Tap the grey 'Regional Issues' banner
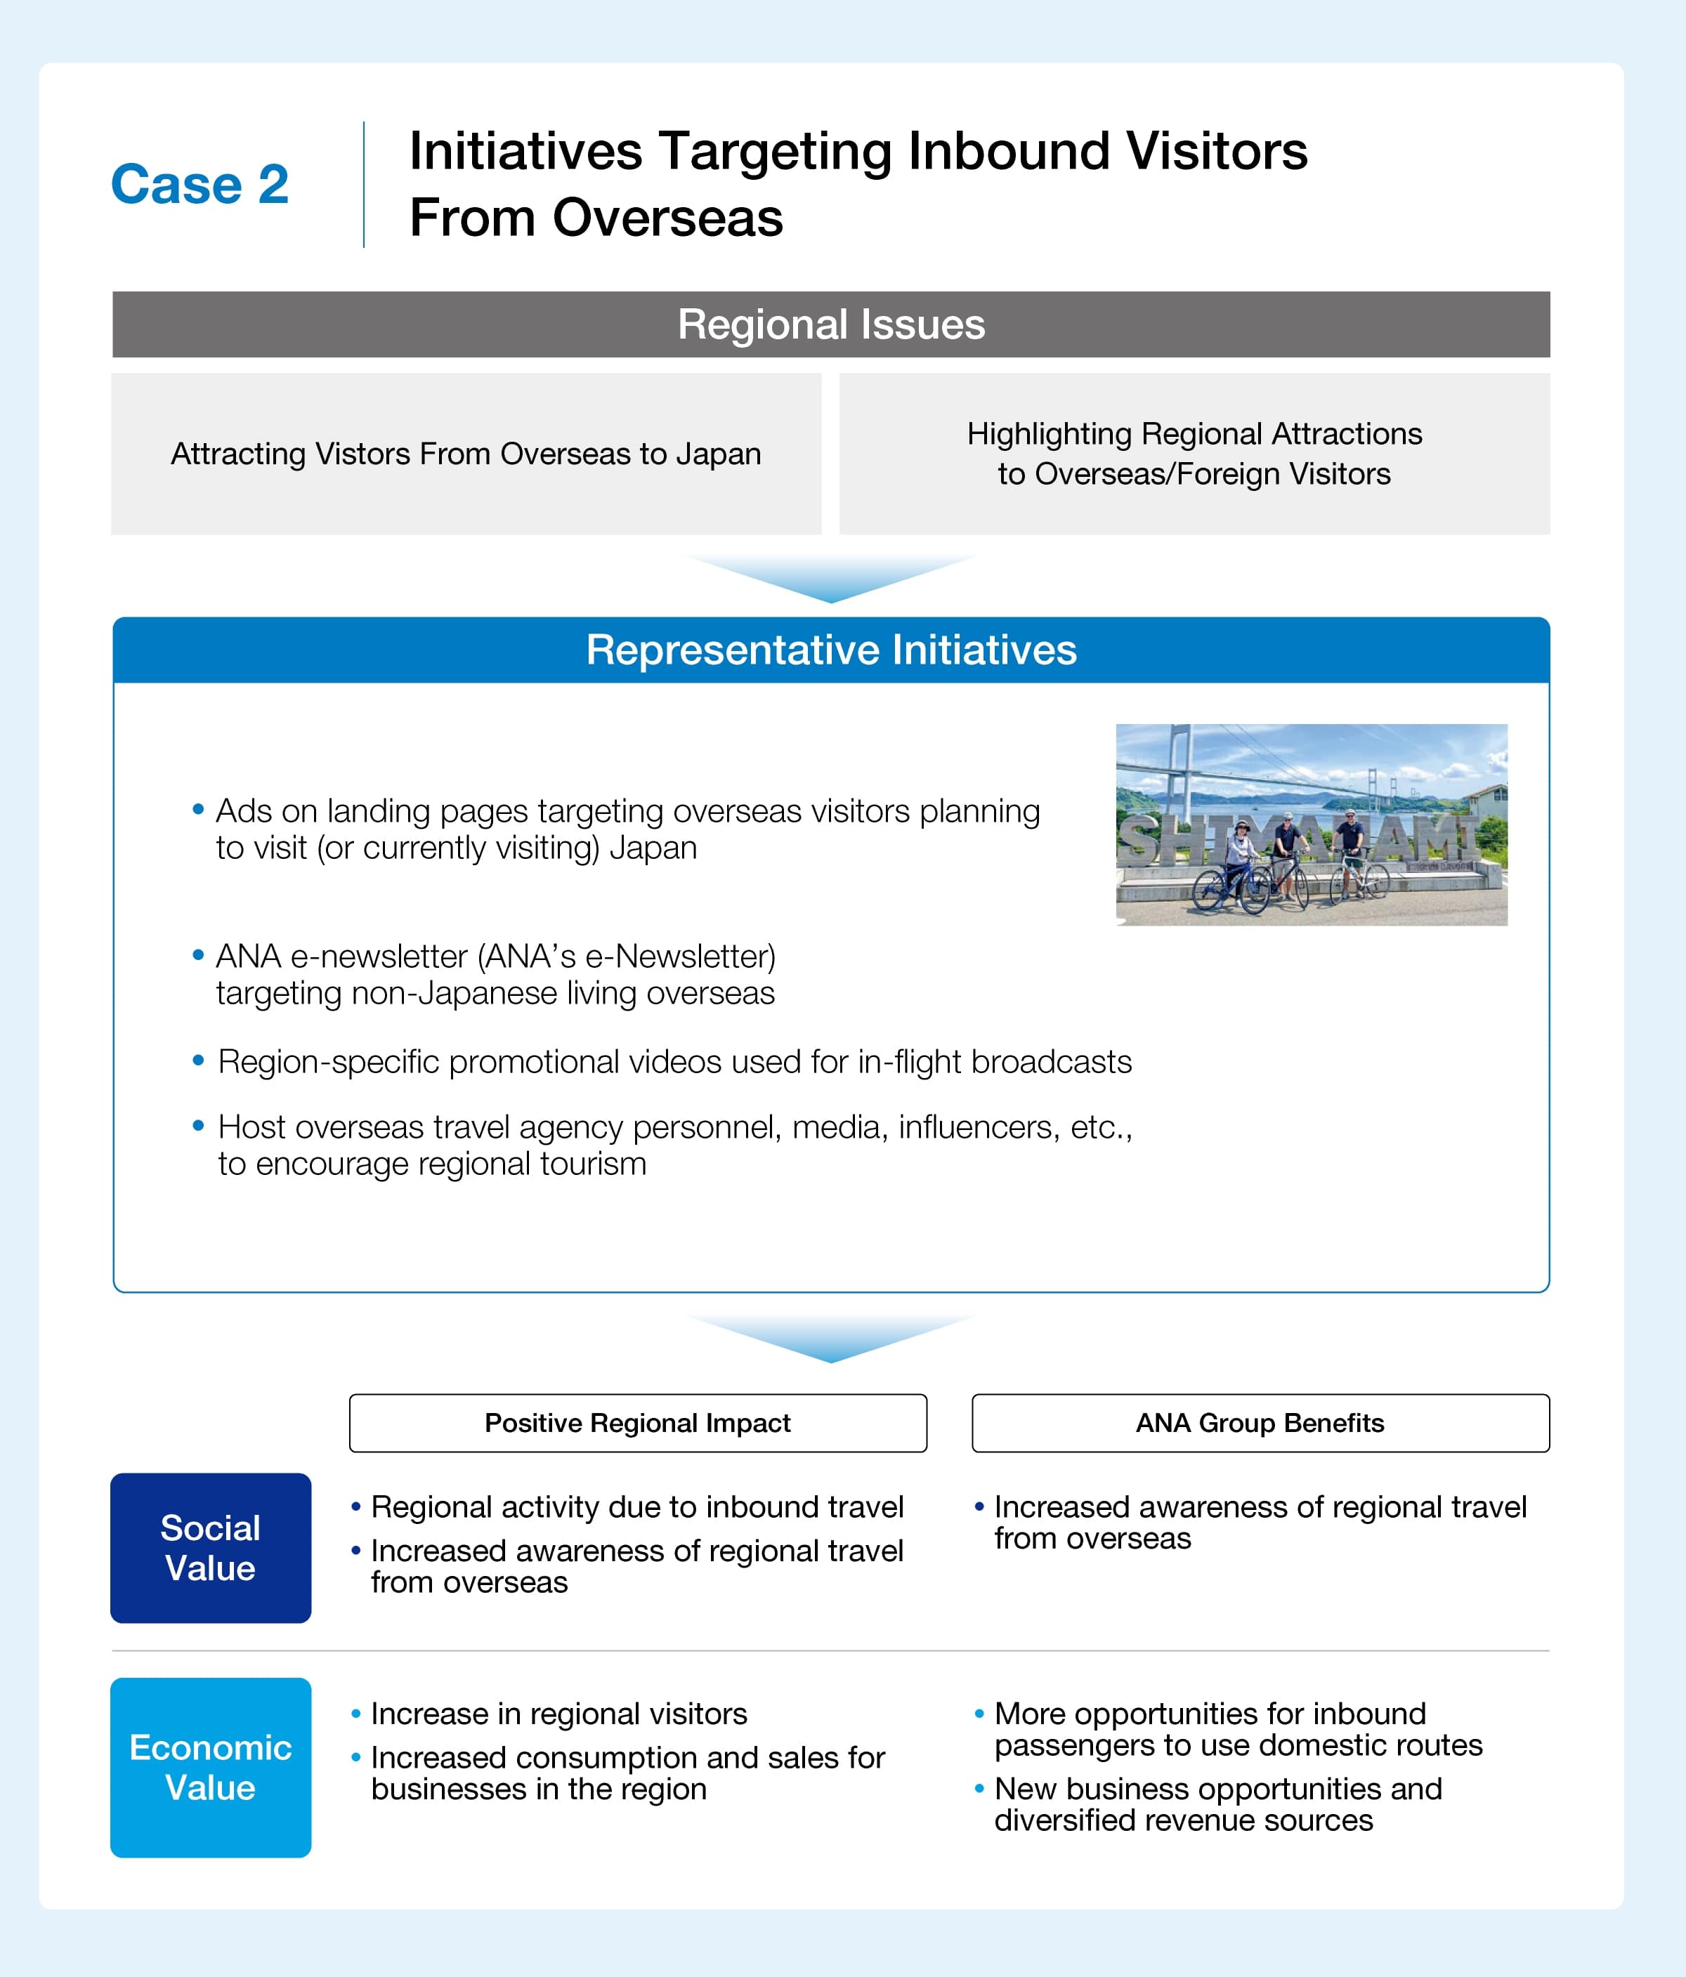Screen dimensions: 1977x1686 click(830, 324)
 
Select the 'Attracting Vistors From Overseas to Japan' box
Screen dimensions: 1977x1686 click(466, 453)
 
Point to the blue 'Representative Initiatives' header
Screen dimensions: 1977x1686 click(830, 650)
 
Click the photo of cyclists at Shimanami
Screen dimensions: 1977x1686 click(1311, 825)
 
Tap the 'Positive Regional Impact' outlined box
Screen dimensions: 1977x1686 click(637, 1423)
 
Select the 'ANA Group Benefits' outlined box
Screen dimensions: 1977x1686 click(1260, 1423)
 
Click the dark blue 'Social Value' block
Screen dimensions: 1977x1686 click(210, 1548)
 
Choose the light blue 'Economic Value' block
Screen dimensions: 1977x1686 click(210, 1767)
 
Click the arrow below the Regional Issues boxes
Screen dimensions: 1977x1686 click(830, 578)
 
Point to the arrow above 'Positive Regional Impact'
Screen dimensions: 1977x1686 click(830, 1338)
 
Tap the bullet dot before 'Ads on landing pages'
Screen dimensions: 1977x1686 click(199, 810)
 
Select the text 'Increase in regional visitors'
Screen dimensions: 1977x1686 click(558, 1714)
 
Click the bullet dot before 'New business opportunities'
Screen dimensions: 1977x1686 click(979, 1789)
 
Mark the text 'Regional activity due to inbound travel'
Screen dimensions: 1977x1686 click(636, 1506)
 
